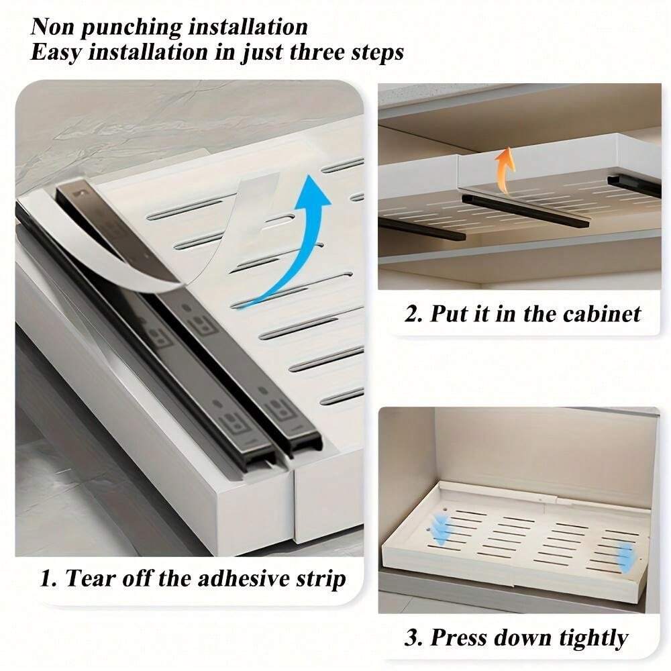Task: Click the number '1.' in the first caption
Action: pyautogui.click(x=48, y=578)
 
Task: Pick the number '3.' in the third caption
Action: pyautogui.click(x=413, y=637)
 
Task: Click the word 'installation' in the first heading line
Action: pyautogui.click(x=248, y=28)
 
